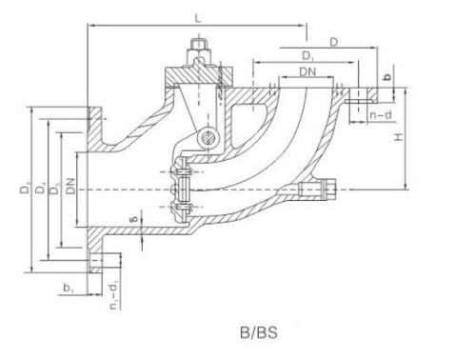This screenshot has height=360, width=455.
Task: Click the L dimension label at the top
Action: click(x=196, y=18)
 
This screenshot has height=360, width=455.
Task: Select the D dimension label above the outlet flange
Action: click(x=334, y=41)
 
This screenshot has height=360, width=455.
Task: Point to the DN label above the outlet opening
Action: click(x=306, y=72)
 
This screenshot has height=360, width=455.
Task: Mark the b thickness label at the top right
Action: click(x=386, y=76)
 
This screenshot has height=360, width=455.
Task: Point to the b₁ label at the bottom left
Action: click(x=67, y=285)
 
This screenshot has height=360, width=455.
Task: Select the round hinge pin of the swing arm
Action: click(x=206, y=141)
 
